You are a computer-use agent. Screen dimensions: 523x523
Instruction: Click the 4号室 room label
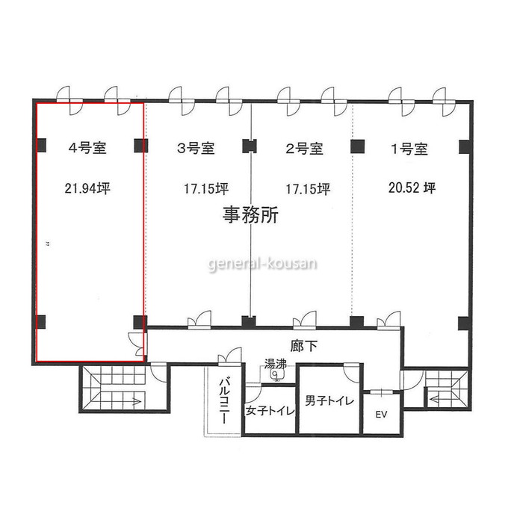(x=87, y=148)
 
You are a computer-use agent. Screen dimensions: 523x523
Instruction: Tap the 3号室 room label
(x=196, y=148)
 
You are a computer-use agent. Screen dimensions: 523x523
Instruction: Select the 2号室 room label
(x=304, y=149)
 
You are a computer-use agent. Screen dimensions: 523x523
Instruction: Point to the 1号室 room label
(x=409, y=149)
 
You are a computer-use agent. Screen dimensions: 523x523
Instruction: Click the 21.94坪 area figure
(x=87, y=188)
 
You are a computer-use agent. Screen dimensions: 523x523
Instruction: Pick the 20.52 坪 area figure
(x=412, y=188)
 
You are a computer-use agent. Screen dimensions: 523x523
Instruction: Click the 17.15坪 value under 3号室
(x=206, y=189)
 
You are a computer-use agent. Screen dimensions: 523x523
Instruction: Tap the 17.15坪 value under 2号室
(x=308, y=189)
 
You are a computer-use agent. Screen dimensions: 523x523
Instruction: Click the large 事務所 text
(x=250, y=215)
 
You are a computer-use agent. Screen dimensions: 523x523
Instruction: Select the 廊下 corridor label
(x=303, y=346)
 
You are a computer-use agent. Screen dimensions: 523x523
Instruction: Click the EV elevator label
(x=381, y=414)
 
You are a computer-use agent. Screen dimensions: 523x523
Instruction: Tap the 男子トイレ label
(x=329, y=400)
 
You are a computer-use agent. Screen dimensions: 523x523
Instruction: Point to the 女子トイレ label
(x=270, y=410)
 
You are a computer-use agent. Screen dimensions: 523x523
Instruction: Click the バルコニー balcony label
(x=224, y=400)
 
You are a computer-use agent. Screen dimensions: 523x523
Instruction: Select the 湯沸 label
(x=275, y=364)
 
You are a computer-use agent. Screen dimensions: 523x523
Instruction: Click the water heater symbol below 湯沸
(x=276, y=375)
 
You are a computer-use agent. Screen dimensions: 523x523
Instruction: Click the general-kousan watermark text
(x=262, y=264)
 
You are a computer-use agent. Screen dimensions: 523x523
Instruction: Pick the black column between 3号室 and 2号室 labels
(x=249, y=146)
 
